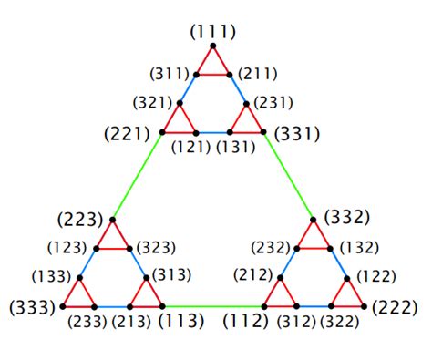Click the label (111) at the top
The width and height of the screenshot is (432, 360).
[x=213, y=33]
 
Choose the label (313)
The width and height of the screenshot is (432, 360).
[x=171, y=274]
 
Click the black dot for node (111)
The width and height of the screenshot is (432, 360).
[x=213, y=46]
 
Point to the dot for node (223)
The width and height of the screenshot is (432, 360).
[x=112, y=220]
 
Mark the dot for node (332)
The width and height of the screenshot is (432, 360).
[x=314, y=220]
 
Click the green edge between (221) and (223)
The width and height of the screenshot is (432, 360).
[x=137, y=176]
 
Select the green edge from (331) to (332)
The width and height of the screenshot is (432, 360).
[x=289, y=176]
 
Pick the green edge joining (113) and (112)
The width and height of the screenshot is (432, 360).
[x=212, y=307]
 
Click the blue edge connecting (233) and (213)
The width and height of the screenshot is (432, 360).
[x=112, y=307]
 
